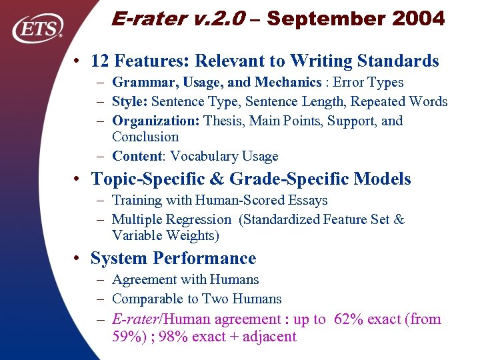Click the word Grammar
139,83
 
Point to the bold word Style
130,102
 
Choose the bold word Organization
156,121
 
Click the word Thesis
224,121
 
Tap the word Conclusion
145,137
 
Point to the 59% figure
126,336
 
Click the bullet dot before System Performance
79,259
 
